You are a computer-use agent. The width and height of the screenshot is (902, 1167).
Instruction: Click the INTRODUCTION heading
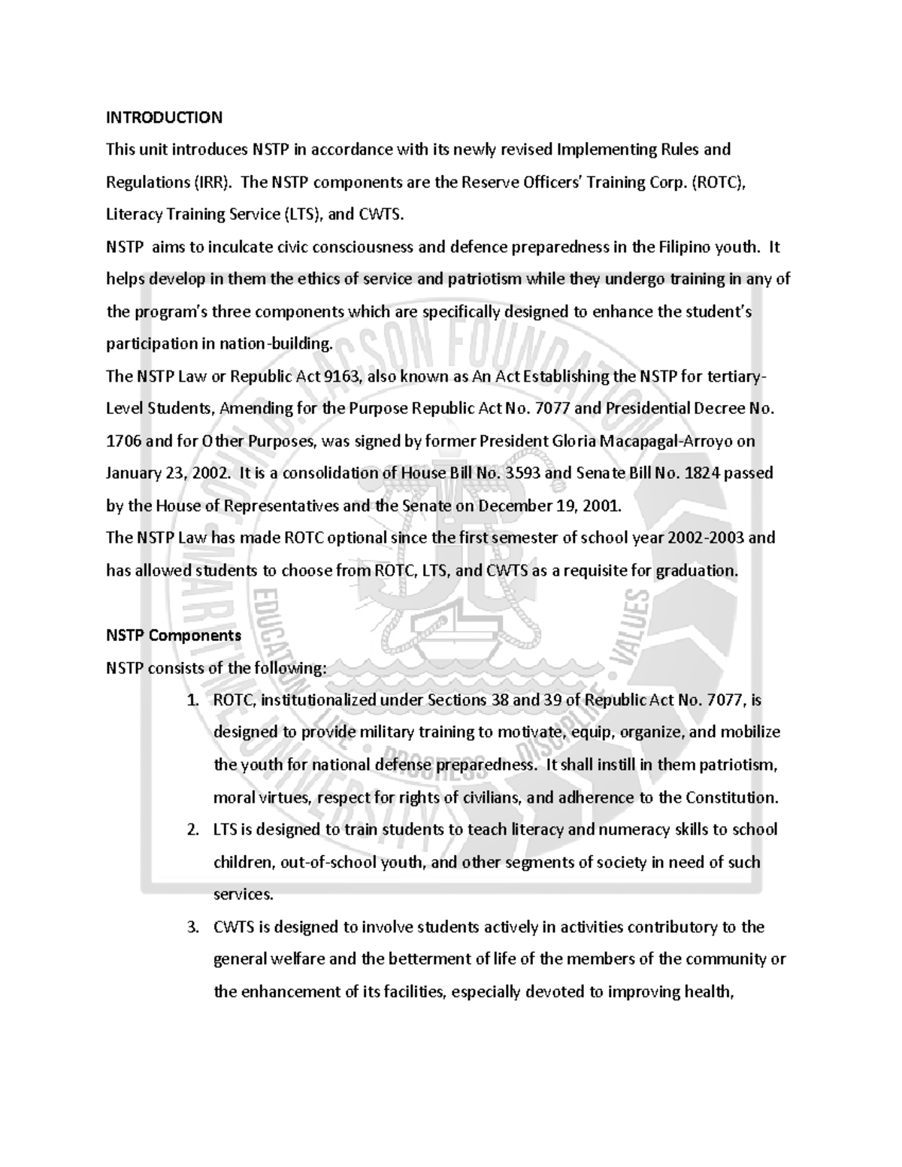point(164,117)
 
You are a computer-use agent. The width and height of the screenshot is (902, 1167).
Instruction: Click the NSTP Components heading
point(173,635)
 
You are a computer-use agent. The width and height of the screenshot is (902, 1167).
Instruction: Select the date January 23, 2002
point(160,473)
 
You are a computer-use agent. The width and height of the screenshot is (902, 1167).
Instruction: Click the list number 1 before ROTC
point(192,700)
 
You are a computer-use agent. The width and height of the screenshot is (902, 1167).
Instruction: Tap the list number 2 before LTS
point(192,830)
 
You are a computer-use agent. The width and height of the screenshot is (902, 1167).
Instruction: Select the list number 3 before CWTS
point(192,927)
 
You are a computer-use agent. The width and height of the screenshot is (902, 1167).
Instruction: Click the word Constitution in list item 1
point(734,797)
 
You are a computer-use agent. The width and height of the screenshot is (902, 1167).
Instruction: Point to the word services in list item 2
point(243,894)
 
